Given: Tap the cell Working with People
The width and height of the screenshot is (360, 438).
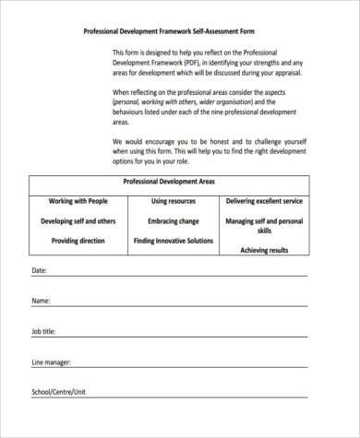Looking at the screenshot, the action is point(78,201).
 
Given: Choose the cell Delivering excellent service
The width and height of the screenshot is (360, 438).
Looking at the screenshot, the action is point(265,201).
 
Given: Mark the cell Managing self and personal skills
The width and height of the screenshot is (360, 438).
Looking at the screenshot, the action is point(265,227).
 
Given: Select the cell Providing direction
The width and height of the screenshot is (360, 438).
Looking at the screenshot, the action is point(78,241).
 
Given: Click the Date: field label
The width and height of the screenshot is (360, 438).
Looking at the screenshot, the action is point(39,271).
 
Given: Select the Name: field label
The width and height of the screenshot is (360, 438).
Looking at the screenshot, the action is point(41,302).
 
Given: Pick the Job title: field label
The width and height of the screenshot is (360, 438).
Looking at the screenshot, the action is point(43,331).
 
